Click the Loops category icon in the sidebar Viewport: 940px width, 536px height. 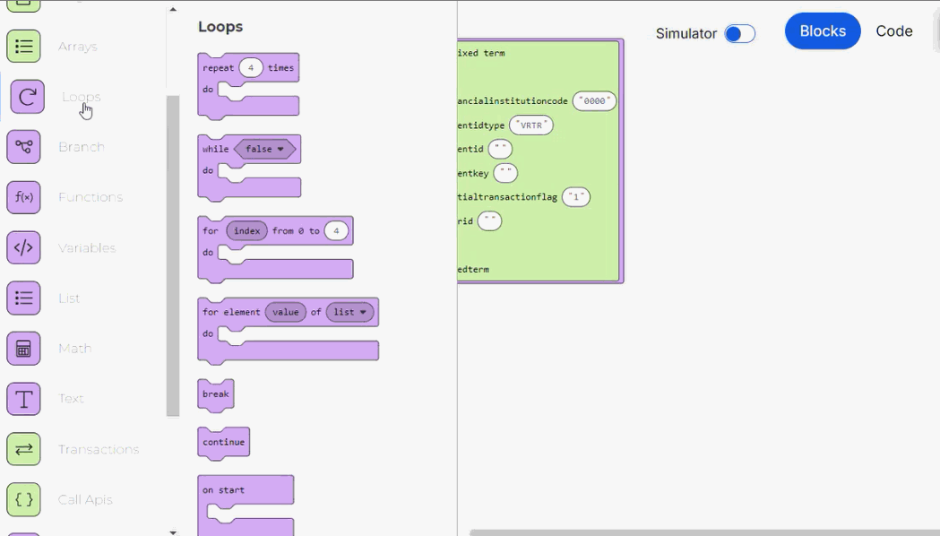point(27,97)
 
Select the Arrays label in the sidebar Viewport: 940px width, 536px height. point(78,47)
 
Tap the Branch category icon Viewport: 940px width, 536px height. point(24,147)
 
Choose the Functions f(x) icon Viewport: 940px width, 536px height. point(24,197)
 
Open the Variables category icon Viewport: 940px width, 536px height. point(24,247)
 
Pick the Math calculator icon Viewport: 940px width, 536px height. point(24,349)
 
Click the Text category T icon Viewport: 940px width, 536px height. point(24,399)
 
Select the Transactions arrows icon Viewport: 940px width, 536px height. point(24,449)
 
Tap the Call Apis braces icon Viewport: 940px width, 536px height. point(24,499)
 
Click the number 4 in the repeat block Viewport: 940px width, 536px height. point(251,68)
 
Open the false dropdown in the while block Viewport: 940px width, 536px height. point(264,149)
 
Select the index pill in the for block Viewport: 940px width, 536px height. point(246,231)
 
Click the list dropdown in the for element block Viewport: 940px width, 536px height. point(349,312)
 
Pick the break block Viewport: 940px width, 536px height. point(216,394)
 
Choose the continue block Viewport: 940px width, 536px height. point(223,442)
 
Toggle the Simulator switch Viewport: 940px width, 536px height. point(739,34)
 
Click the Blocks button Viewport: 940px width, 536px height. point(823,31)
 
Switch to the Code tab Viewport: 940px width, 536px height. point(893,31)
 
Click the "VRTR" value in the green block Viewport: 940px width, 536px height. point(531,125)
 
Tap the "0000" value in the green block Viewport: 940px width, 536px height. point(595,101)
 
